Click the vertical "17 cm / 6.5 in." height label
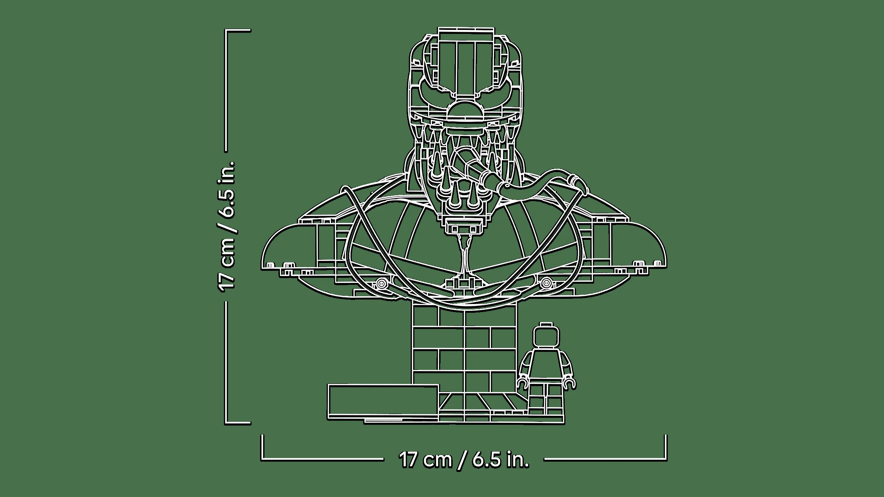227,226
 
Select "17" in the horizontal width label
407,460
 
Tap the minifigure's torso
547,365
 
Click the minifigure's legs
547,403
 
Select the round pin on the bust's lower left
381,284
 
